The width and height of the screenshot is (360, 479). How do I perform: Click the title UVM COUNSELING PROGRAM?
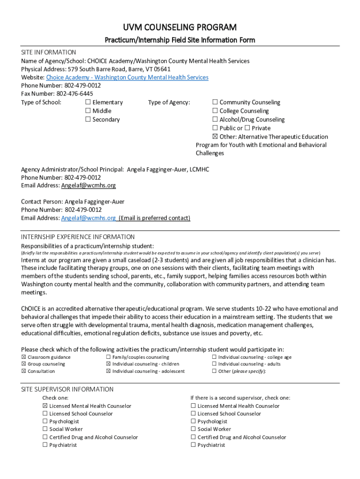[x=180, y=27]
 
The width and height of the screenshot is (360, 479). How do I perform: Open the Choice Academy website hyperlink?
[x=127, y=77]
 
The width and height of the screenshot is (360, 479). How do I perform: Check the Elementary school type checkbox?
[x=88, y=102]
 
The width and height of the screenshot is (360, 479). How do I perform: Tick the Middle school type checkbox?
[x=88, y=111]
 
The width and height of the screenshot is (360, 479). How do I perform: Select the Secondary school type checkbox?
[x=88, y=120]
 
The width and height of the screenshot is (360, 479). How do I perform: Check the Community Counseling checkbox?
[x=215, y=102]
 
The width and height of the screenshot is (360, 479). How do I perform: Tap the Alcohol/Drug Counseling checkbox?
[x=215, y=120]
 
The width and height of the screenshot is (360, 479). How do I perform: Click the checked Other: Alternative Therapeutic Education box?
[x=215, y=137]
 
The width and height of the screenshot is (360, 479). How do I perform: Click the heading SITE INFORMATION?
[x=49, y=52]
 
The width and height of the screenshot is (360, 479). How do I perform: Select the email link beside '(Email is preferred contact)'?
[x=88, y=218]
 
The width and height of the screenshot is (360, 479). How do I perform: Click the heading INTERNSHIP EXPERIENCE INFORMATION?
[x=78, y=237]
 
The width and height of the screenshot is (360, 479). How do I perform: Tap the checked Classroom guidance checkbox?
[x=24, y=357]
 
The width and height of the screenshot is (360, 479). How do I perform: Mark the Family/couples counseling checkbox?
[x=108, y=357]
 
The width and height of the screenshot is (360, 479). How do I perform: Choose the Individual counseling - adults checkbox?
[x=214, y=364]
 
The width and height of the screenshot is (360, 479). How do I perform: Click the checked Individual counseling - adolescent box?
[x=108, y=371]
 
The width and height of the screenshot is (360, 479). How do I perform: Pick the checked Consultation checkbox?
[x=24, y=371]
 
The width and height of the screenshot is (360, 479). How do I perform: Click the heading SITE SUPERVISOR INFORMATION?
[x=67, y=389]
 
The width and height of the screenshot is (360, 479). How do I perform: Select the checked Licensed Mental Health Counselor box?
[x=45, y=406]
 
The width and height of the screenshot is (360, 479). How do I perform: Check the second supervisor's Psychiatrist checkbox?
[x=193, y=445]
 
